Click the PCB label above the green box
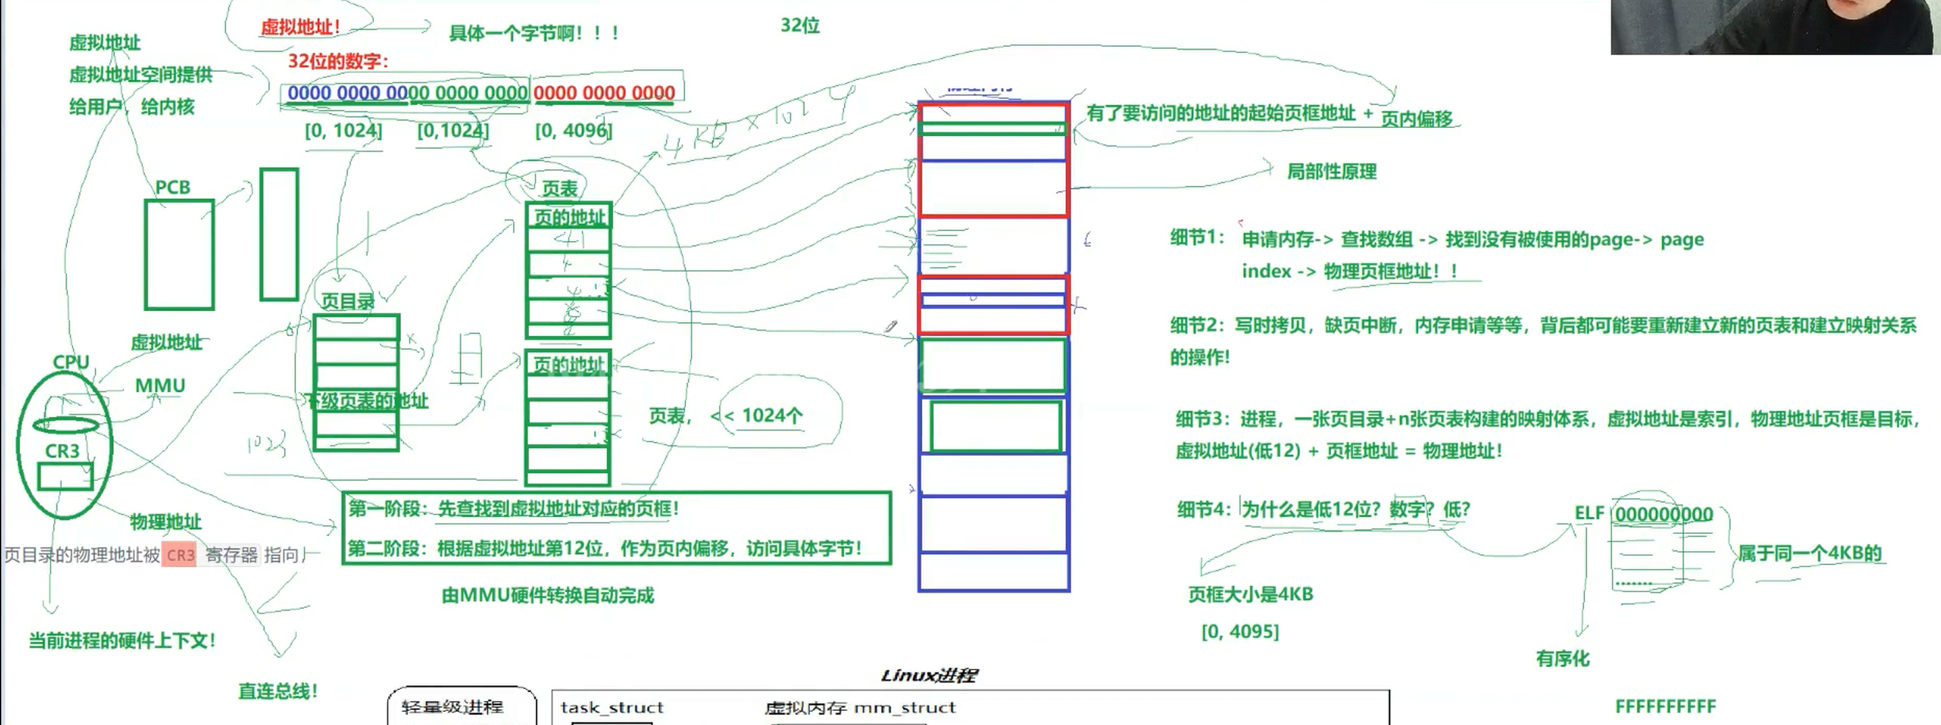172,187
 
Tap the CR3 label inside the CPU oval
62,451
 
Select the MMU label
160,386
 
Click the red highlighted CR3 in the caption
180,555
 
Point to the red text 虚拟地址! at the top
300,27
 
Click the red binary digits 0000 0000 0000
604,92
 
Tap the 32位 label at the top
800,26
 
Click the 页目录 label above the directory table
347,302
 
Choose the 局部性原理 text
1332,172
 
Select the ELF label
1589,513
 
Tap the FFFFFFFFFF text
1665,706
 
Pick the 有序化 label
1563,659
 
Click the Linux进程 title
929,675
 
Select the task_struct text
612,707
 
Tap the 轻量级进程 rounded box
461,707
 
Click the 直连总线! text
278,691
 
